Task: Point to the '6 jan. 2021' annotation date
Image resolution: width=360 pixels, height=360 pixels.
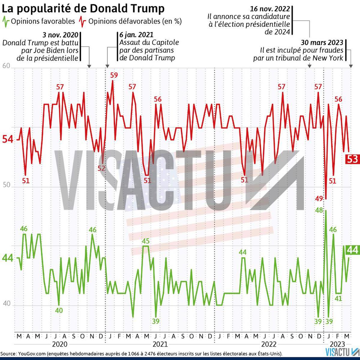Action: click(x=136, y=35)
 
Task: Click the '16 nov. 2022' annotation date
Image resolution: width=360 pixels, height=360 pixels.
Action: click(x=270, y=9)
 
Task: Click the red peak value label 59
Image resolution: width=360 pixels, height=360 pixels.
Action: click(x=114, y=75)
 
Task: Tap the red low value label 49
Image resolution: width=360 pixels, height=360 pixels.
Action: click(x=319, y=199)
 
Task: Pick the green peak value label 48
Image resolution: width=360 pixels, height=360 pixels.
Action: click(x=319, y=210)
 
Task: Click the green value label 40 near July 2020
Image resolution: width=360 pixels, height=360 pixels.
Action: click(x=59, y=310)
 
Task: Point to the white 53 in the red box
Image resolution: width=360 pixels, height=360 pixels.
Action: click(x=352, y=159)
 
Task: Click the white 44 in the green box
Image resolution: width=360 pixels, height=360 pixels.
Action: click(x=352, y=250)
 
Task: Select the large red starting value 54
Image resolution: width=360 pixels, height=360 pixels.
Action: click(x=8, y=139)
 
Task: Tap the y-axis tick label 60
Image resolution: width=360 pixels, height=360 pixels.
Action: click(x=6, y=66)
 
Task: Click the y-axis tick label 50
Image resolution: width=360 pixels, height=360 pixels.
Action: click(x=6, y=185)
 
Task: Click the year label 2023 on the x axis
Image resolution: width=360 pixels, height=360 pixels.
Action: click(x=337, y=344)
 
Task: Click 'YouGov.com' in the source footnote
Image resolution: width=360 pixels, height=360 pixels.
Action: click(x=32, y=354)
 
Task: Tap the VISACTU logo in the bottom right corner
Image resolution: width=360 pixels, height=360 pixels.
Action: click(x=342, y=352)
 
